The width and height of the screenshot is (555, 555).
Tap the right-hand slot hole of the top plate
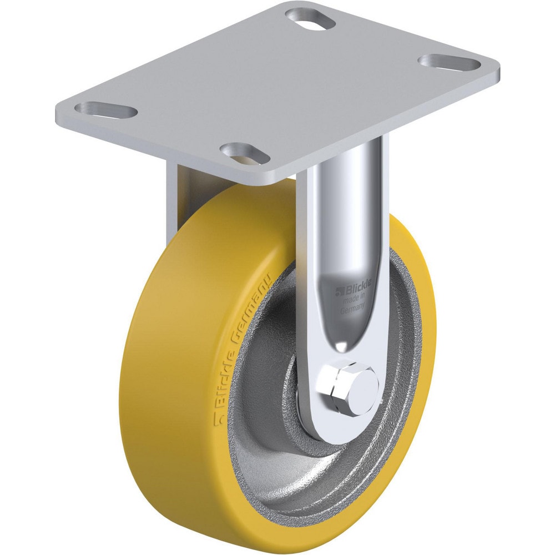click(449, 62)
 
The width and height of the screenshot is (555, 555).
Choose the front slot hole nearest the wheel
click(243, 152)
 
